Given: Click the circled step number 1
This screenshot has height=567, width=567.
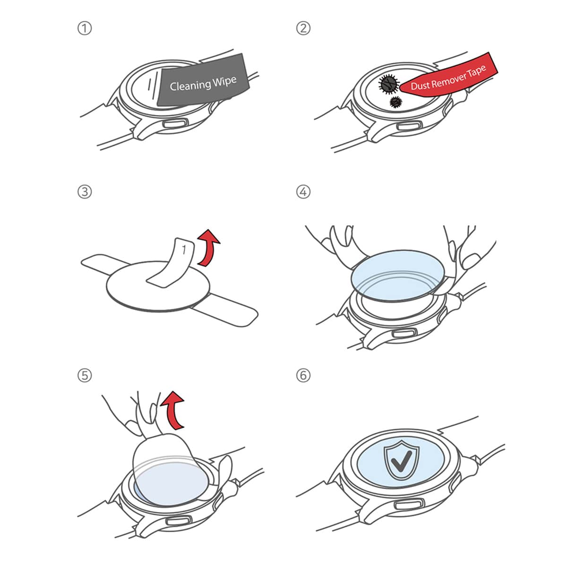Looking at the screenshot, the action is coord(85,28).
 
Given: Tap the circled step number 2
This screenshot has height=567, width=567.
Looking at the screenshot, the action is coord(303,28).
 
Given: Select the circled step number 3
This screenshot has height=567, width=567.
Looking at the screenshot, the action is coord(85,192).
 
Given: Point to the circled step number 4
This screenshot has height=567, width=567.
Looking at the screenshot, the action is coord(303,192).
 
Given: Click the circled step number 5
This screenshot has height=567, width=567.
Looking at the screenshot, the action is coord(85,376).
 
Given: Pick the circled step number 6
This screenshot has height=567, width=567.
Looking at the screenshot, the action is coord(303,376).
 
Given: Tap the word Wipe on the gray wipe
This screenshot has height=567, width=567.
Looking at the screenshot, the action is coord(224,81).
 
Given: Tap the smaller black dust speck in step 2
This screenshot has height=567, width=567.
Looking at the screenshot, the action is coord(395,102).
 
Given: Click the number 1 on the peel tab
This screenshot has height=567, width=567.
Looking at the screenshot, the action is coord(184,249).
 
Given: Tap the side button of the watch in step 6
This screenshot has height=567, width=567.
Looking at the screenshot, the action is coord(408,505).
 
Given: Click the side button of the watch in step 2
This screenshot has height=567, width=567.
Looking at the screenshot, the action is coord(408,126).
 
